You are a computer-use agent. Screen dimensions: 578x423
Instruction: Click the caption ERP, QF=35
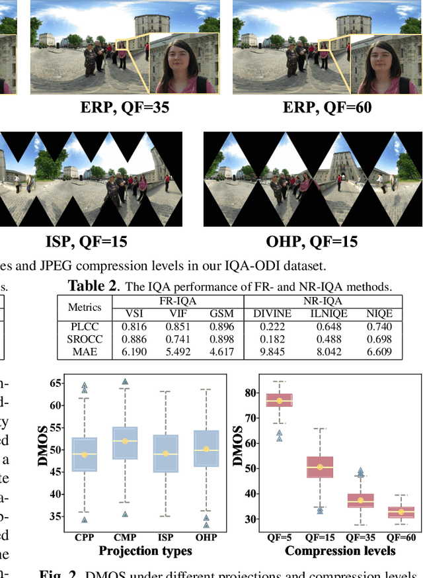coord(124,108)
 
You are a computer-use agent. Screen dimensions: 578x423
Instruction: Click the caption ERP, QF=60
coord(327,108)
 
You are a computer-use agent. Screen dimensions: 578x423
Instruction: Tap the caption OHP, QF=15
coord(313,241)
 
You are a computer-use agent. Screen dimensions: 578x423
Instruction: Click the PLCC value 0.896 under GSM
coord(221,326)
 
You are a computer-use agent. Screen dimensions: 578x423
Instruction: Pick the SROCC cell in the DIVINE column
coord(270,339)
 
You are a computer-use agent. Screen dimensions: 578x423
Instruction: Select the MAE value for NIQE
coord(379,352)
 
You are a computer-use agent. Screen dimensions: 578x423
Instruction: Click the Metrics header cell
coord(85,307)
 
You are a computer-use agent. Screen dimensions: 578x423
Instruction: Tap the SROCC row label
coord(85,339)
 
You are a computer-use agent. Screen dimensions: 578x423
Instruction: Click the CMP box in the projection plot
coord(125,442)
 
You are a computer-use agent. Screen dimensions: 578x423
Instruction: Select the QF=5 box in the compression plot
coord(279,401)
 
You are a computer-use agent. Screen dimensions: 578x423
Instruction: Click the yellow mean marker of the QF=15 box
coord(320,467)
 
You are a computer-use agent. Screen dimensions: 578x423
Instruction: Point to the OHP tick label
coord(206,538)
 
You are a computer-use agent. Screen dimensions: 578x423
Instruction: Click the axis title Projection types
coord(145,550)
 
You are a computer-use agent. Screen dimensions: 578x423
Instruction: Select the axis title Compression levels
coord(340,550)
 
